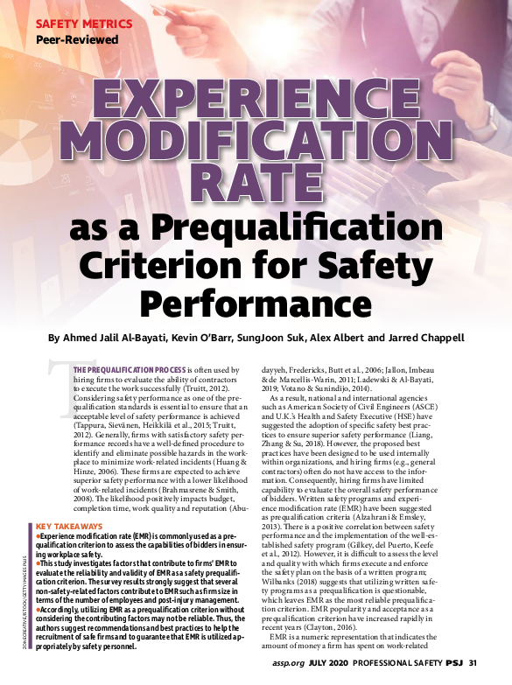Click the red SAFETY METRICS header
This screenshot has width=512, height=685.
84,24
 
